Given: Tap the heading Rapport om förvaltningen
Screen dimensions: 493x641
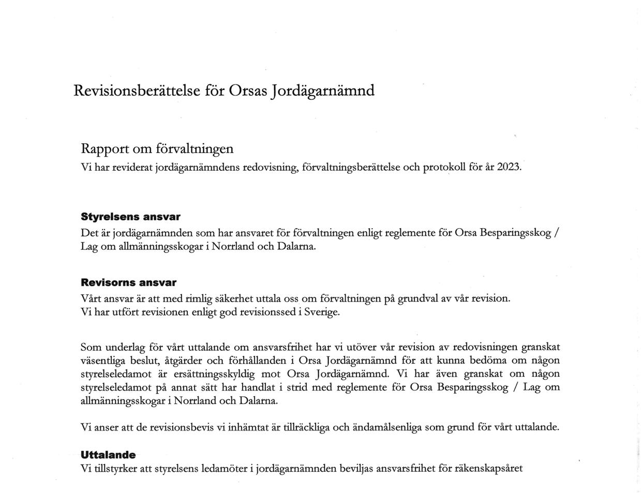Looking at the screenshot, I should pos(157,149).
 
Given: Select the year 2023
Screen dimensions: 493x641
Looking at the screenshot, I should pos(509,168).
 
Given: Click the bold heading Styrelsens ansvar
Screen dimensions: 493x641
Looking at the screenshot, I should pos(130,217).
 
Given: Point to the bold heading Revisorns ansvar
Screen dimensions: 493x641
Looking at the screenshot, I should pos(128,282).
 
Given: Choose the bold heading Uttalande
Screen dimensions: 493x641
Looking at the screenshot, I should pos(108,455).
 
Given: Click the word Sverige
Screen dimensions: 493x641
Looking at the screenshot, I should pos(322,312).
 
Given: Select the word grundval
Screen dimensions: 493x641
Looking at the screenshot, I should pos(417,298).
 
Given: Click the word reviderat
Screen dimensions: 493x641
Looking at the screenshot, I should pos(131,168).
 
